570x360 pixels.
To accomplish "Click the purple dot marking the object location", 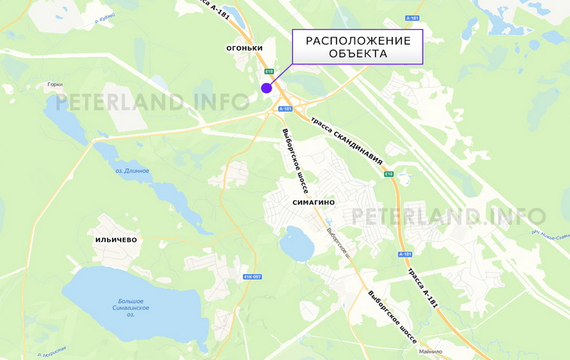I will (266, 87).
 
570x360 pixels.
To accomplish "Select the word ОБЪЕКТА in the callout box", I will (357, 54).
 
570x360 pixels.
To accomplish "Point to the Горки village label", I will (55, 85).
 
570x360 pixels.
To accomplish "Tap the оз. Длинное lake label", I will (132, 171).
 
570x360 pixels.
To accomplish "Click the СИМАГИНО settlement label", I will (313, 202).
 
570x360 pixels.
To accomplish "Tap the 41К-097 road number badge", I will (252, 276).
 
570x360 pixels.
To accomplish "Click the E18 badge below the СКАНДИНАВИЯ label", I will (388, 174).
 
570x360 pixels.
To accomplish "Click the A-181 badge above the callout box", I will (413, 17).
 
